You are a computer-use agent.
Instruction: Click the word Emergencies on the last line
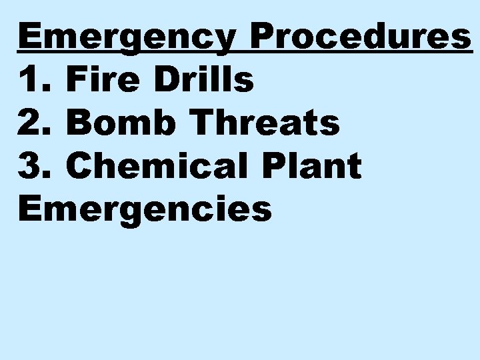(x=145, y=208)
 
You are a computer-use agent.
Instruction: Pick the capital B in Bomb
(x=79, y=123)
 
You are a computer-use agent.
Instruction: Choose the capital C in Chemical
(x=81, y=165)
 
